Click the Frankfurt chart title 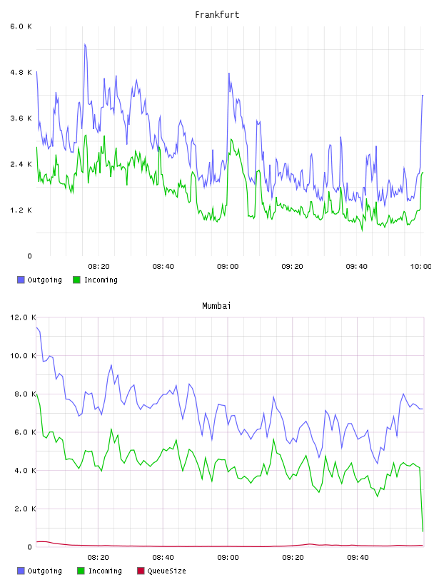[217, 15]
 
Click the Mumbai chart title [216, 306]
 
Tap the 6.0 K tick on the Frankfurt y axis [21, 26]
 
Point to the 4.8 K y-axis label [21, 72]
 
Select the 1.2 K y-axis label [21, 210]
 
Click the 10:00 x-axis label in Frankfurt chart [421, 267]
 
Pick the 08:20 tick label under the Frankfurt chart [99, 267]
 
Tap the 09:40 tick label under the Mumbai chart [358, 558]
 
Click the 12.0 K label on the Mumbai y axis [23, 317]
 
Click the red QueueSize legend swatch [141, 571]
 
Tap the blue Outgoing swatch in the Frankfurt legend [21, 280]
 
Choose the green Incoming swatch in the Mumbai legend [81, 571]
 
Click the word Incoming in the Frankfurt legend [101, 280]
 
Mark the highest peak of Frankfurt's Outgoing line [85, 44]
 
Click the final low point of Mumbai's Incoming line [423, 531]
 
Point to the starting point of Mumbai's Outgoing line [36, 327]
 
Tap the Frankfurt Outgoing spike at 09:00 [229, 73]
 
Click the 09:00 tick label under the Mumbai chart [228, 558]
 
